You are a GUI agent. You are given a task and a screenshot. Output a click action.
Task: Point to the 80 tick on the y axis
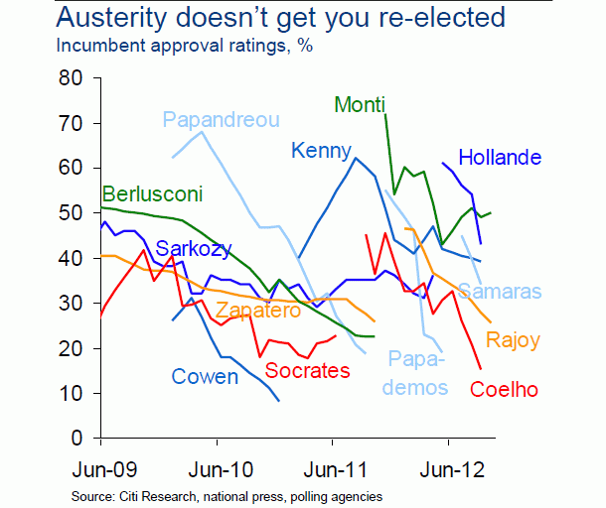click(70, 78)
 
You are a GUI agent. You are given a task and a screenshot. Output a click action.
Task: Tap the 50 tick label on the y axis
click(70, 213)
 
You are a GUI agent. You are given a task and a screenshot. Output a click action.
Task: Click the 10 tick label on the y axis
click(70, 393)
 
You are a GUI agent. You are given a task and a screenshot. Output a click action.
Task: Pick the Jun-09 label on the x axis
click(102, 467)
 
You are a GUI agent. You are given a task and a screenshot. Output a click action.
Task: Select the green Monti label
click(360, 104)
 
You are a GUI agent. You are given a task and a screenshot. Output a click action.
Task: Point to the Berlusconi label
click(154, 193)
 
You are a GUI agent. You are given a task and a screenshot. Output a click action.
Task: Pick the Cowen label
click(205, 377)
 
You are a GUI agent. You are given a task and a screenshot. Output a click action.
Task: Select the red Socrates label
click(308, 371)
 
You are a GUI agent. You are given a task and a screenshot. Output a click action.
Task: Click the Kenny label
click(318, 151)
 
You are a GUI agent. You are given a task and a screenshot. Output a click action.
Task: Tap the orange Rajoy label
click(513, 340)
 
